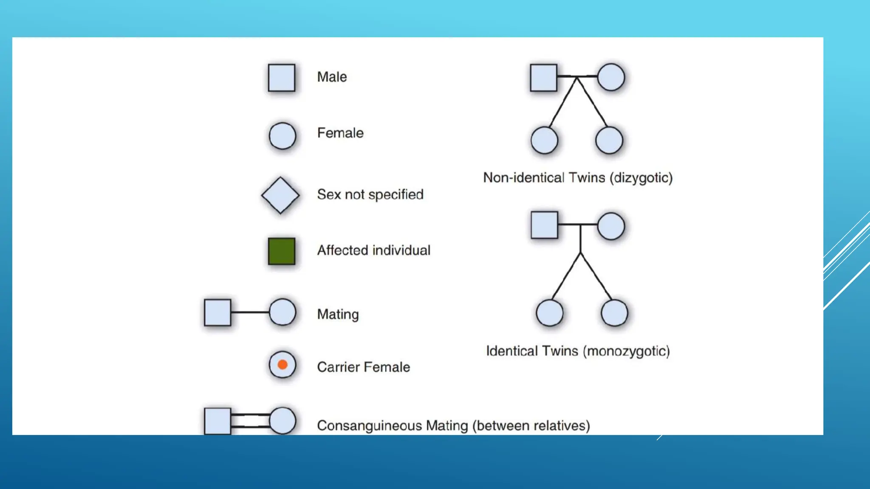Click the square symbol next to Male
pos(281,78)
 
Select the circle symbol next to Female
pos(282,136)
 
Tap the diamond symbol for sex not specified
pos(280,195)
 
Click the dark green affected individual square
pos(281,251)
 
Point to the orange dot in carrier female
pos(282,365)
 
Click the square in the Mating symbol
pos(217,312)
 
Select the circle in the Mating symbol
pos(282,312)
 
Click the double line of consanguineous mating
pos(250,420)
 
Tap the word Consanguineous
pos(370,425)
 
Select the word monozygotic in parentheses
pos(626,351)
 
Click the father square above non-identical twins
pos(543,78)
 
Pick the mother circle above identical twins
pos(611,226)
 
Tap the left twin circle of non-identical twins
pos(544,140)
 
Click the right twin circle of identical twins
pos(614,313)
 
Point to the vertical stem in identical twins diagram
pos(580,239)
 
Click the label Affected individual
pos(374,250)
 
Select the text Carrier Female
pos(364,367)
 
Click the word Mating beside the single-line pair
pos(338,314)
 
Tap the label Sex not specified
pos(370,194)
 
